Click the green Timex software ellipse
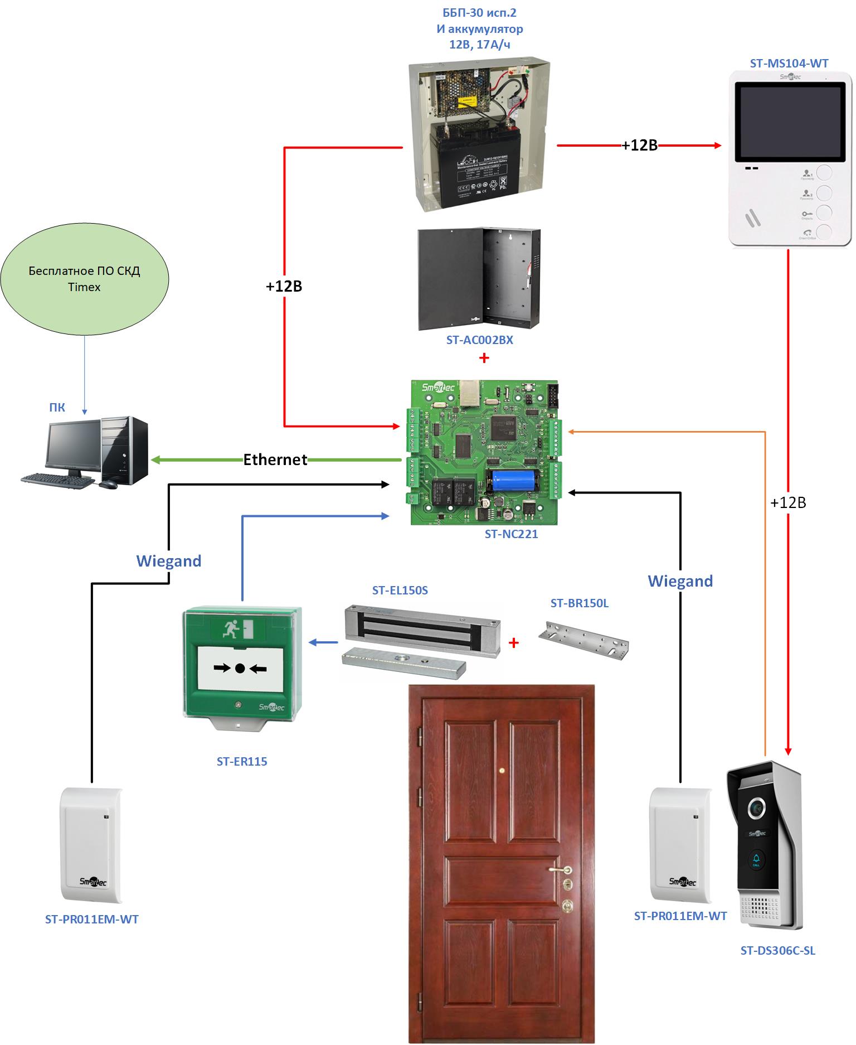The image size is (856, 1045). [x=84, y=278]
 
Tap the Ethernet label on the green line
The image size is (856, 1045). [x=275, y=459]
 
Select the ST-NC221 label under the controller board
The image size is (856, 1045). [x=511, y=534]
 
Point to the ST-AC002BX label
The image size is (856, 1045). [x=479, y=340]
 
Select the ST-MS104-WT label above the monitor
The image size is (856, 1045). [x=789, y=64]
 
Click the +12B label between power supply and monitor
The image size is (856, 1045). [x=639, y=146]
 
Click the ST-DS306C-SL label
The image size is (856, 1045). [x=777, y=951]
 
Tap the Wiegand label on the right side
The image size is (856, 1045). [x=680, y=581]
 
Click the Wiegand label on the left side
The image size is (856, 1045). [x=169, y=561]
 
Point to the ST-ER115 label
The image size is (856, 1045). [x=242, y=762]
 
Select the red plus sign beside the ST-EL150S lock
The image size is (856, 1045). [x=514, y=643]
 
